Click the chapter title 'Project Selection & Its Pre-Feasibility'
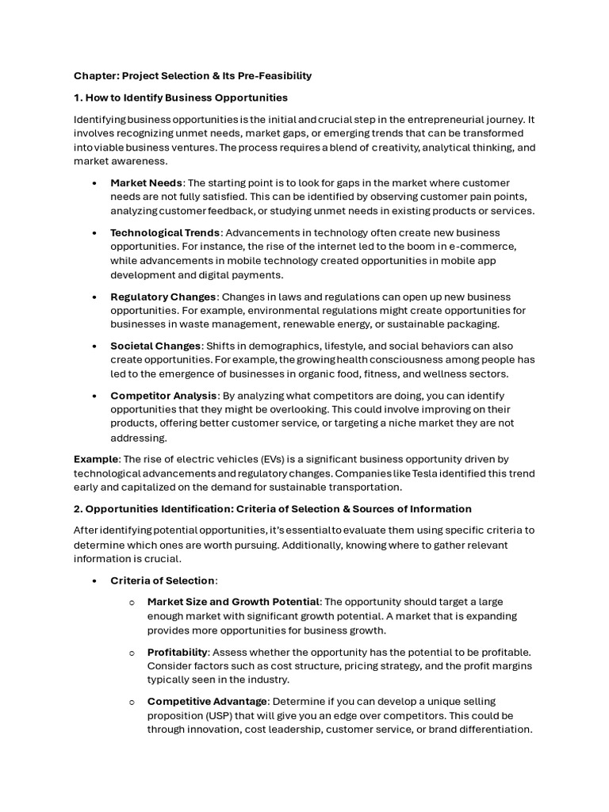click(x=215, y=76)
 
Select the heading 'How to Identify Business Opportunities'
click(x=186, y=98)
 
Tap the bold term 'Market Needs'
click(x=146, y=182)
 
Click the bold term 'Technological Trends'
click(x=165, y=232)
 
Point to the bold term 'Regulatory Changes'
click(x=163, y=297)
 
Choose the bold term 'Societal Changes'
click(x=156, y=346)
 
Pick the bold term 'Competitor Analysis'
click(x=163, y=396)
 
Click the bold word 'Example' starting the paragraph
click(x=95, y=459)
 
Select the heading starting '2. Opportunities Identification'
click(x=273, y=509)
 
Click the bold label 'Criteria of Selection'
click(x=163, y=580)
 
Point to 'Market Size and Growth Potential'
click(x=233, y=602)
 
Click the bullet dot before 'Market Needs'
click(x=94, y=183)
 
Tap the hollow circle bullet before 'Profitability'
click(x=132, y=652)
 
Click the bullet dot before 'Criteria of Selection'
click(x=94, y=581)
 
